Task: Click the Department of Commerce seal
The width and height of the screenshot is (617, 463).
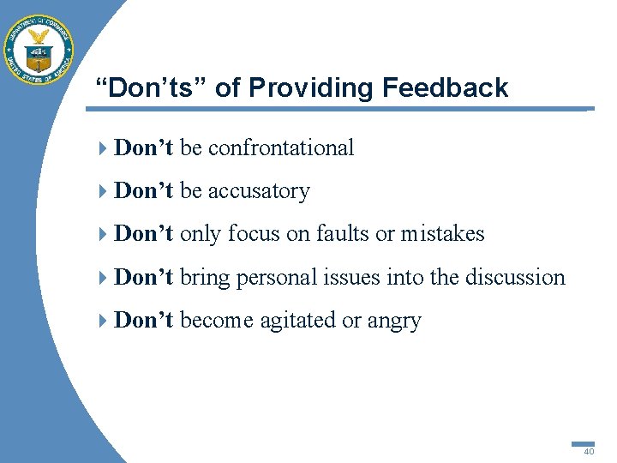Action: coord(39,49)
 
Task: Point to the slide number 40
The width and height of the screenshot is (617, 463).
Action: coord(589,451)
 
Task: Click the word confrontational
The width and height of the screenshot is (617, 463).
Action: coord(280,147)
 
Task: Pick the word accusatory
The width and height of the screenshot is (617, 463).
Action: coord(258,190)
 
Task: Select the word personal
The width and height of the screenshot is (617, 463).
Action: coord(273,277)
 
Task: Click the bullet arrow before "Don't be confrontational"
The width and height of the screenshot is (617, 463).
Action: coord(103,148)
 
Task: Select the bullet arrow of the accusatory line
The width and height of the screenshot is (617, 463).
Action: coord(103,191)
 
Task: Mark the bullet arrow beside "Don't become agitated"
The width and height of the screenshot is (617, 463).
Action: coord(103,321)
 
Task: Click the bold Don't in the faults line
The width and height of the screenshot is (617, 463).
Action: coord(144,233)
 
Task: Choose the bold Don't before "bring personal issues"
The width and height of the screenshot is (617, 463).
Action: coord(144,277)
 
